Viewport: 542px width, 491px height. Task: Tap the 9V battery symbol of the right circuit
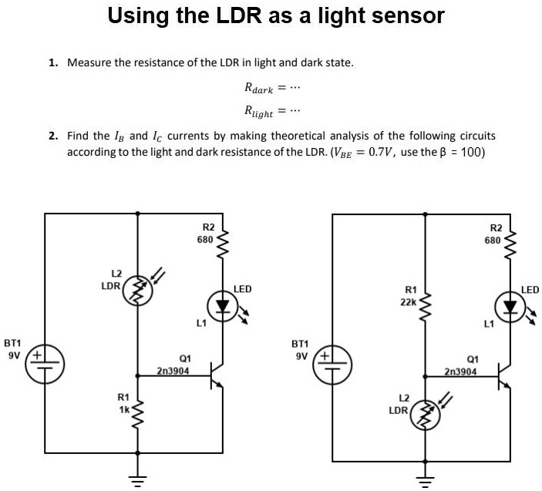pos(332,365)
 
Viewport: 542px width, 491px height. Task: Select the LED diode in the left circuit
pos(224,305)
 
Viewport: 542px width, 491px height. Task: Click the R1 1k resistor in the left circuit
pos(139,417)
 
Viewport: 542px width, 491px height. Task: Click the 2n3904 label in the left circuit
pos(173,371)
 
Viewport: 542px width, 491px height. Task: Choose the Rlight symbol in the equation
pos(258,112)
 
